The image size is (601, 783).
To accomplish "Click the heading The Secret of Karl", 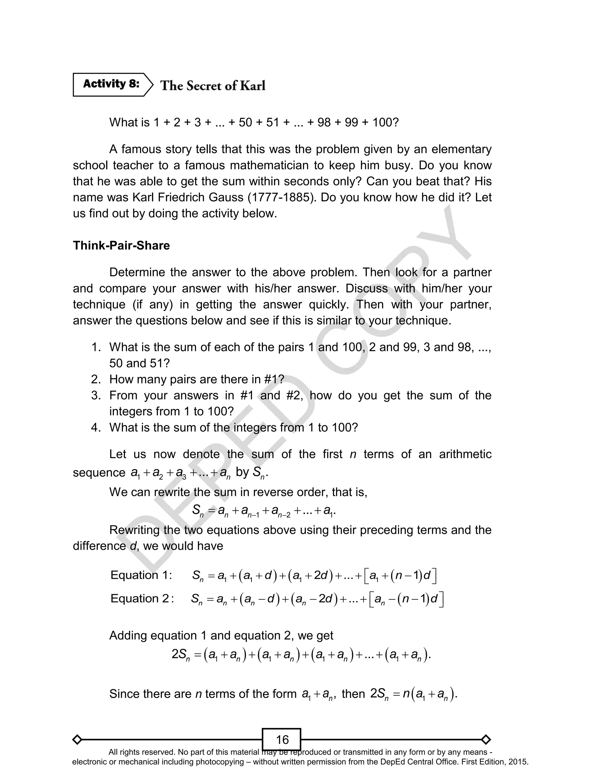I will (x=213, y=85).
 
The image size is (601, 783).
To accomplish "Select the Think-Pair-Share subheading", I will (x=121, y=246).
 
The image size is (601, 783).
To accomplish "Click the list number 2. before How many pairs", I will (x=96, y=379).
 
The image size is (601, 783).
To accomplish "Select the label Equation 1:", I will (x=141, y=575).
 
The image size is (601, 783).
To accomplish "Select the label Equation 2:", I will (x=142, y=598).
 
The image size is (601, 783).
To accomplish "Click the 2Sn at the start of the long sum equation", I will (x=181, y=655).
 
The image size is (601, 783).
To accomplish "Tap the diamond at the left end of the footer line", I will (x=77, y=739).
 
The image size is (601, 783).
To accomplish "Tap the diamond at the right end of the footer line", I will (x=486, y=739).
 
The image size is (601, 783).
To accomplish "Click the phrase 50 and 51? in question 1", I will (x=139, y=363).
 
